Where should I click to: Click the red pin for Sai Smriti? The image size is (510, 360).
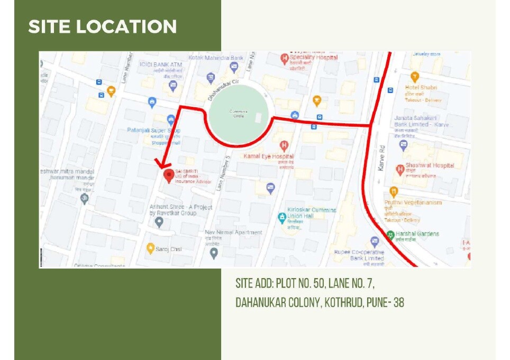168,175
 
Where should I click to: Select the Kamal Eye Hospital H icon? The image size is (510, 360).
285,145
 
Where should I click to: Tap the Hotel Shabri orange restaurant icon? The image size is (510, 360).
415,77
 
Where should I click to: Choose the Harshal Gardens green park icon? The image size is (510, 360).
390,234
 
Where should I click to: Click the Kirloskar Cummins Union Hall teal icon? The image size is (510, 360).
282,217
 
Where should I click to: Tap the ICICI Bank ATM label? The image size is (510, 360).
157,64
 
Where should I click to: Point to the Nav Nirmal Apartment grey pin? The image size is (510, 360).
214,253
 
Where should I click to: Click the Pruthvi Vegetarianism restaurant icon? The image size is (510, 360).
393,191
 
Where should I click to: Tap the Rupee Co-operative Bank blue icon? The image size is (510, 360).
375,242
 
